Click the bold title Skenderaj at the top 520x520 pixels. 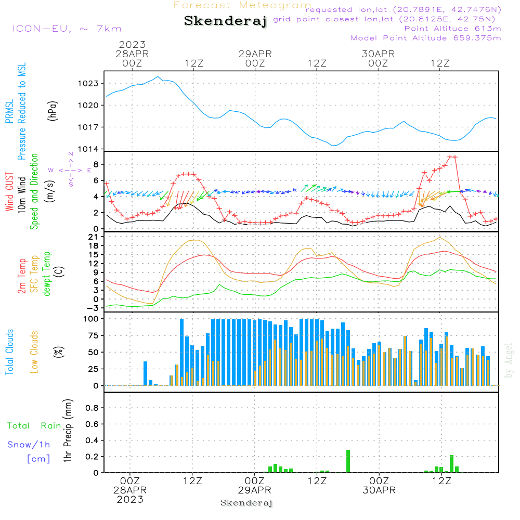[x=226, y=21]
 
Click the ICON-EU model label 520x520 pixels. [x=67, y=29]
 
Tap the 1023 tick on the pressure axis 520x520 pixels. [x=88, y=83]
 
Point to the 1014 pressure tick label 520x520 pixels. [x=88, y=149]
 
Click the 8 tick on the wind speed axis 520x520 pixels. [x=96, y=164]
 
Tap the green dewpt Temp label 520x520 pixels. [x=47, y=274]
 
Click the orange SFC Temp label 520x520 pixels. [x=35, y=274]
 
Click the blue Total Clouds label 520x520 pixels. [x=10, y=352]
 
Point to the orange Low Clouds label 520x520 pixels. [x=35, y=352]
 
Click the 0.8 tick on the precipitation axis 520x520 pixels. [x=92, y=408]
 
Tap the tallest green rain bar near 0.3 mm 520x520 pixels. [x=348, y=461]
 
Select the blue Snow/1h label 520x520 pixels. [x=29, y=445]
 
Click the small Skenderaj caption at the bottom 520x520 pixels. [x=246, y=503]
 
